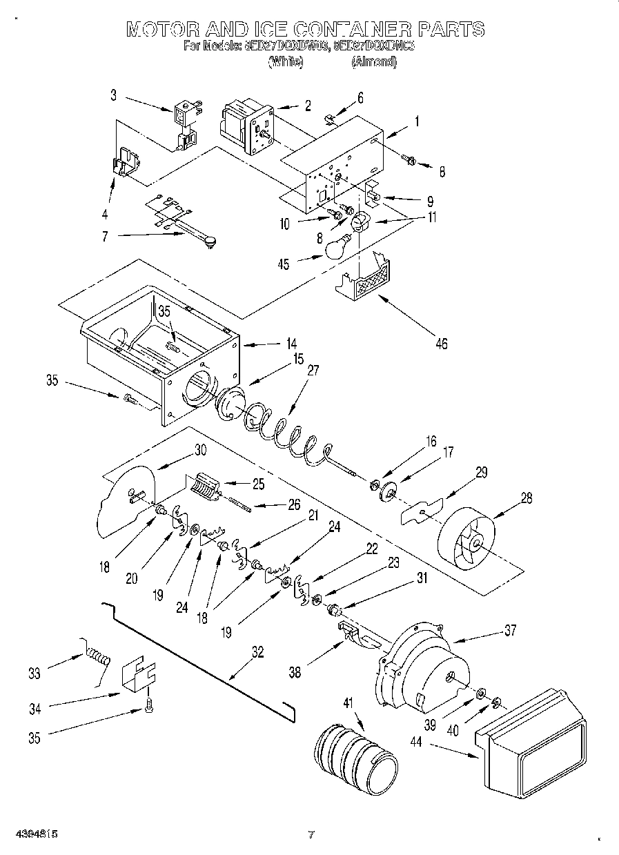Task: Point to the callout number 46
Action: coord(440,343)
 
